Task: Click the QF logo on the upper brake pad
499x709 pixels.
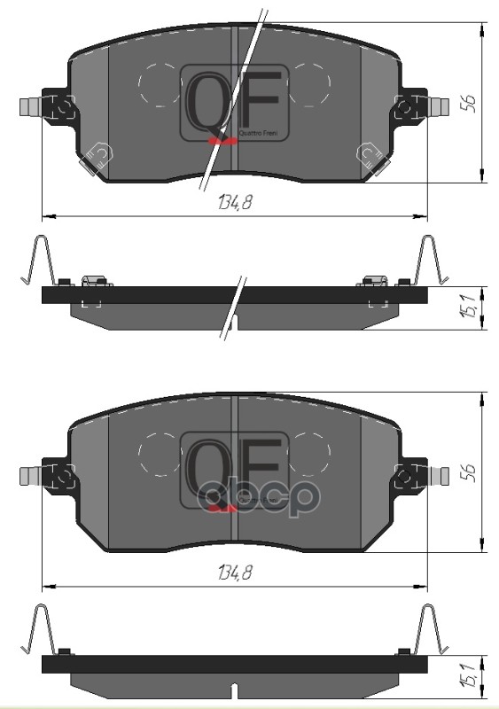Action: [x=231, y=102]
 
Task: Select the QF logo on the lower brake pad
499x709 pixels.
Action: [x=231, y=471]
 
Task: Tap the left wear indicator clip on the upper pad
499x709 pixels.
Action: [x=97, y=158]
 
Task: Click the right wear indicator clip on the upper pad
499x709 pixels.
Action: [x=367, y=158]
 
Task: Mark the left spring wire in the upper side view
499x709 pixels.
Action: [x=41, y=261]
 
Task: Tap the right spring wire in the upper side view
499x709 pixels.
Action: [x=429, y=261]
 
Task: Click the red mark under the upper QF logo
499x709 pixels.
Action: [x=221, y=139]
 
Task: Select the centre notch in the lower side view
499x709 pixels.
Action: [x=232, y=691]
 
